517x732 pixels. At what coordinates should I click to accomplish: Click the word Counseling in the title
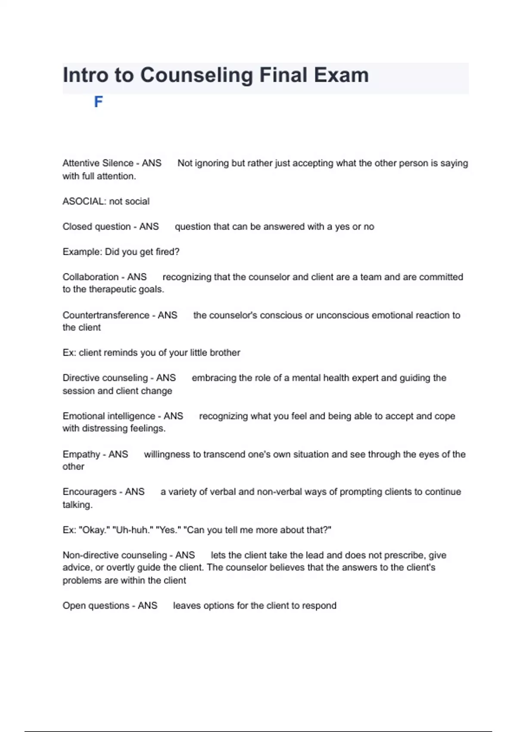196,75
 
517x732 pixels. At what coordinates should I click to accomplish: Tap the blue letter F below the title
98,102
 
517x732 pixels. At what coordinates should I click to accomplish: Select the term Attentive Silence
98,163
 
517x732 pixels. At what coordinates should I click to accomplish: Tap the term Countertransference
106,315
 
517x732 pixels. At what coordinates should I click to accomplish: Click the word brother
224,353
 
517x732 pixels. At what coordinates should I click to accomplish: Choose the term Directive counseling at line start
105,378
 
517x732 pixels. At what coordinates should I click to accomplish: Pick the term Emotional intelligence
109,416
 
